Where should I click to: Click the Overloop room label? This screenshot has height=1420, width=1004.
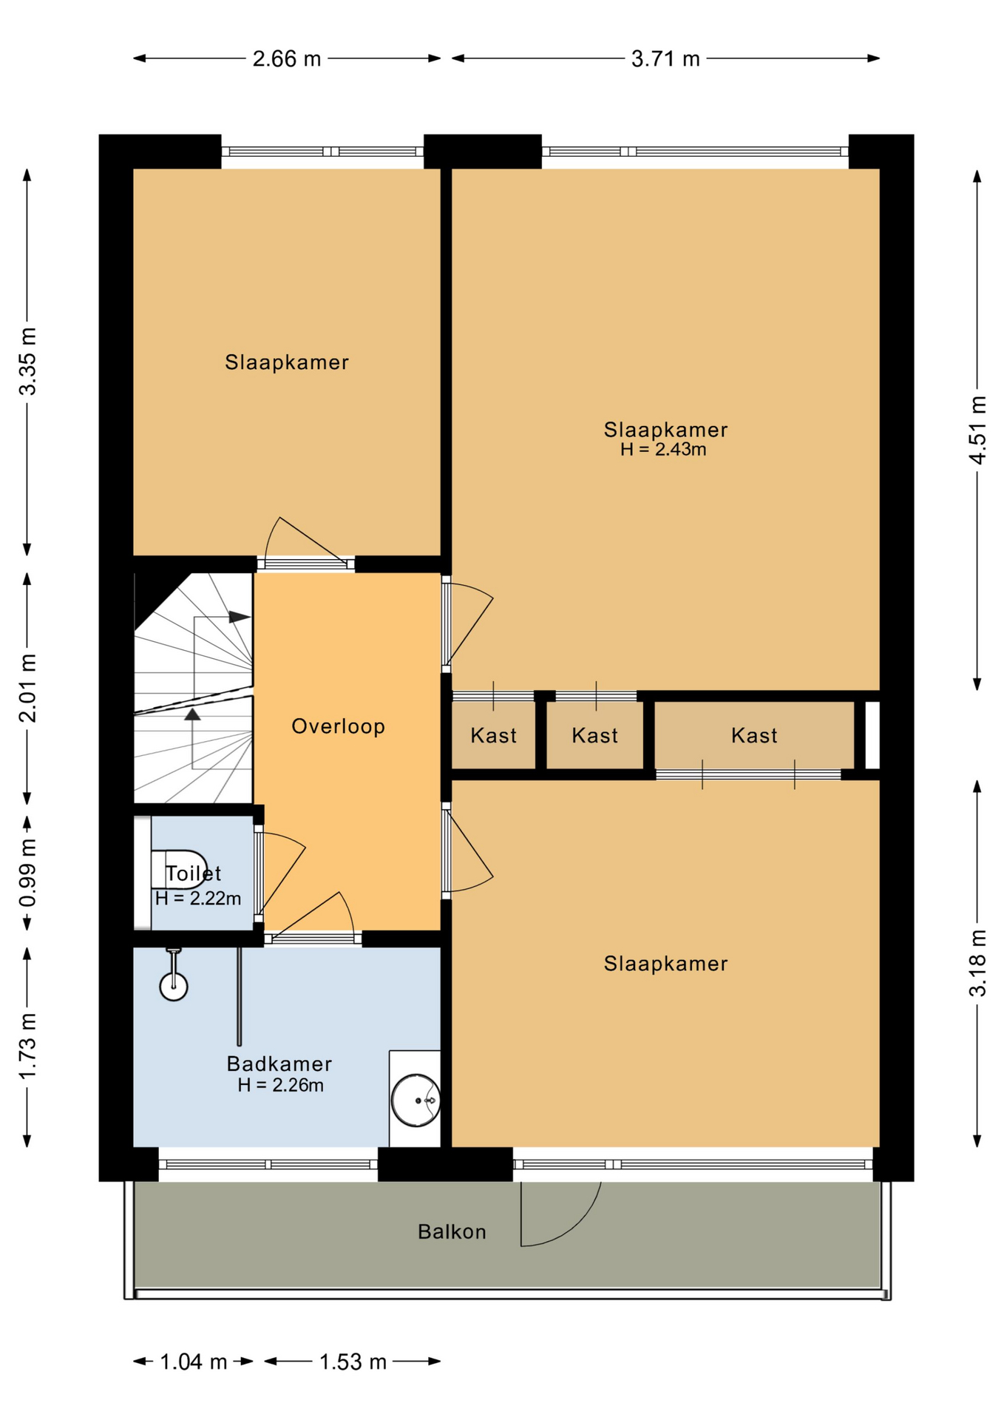[338, 726]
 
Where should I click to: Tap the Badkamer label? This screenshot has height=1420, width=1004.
[279, 1064]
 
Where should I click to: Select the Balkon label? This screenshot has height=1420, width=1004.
[452, 1231]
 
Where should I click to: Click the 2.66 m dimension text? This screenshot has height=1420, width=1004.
[287, 58]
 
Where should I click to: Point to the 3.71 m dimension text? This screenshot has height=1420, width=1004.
[665, 58]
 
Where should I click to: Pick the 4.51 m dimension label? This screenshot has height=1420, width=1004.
[977, 430]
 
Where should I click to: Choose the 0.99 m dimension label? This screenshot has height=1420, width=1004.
[27, 873]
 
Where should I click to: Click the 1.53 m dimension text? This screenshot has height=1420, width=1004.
[353, 1362]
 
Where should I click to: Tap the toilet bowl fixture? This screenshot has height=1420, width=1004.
[179, 869]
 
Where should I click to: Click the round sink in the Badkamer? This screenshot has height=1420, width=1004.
[415, 1100]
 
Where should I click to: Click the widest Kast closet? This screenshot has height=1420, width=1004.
[754, 735]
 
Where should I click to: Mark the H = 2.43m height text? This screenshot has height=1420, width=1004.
[663, 449]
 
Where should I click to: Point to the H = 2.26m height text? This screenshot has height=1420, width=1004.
[280, 1085]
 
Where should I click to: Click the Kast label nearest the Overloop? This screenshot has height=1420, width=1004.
[493, 735]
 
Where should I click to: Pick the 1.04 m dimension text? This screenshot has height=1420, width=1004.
[194, 1362]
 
